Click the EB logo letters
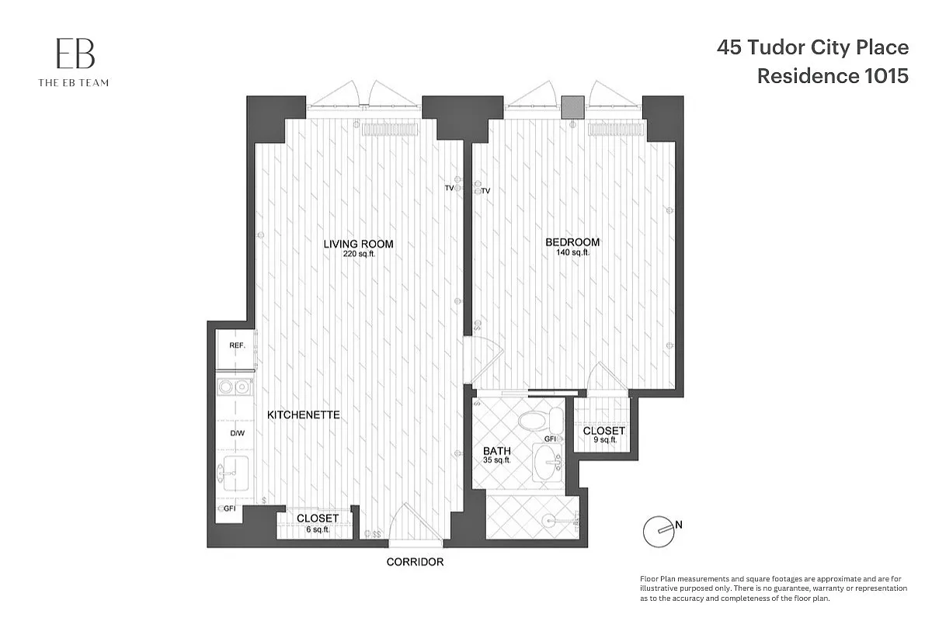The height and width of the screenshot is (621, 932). click(x=75, y=54)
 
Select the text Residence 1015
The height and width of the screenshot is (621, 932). click(x=832, y=76)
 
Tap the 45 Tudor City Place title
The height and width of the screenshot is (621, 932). click(x=812, y=48)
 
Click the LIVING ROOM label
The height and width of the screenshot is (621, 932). click(x=358, y=244)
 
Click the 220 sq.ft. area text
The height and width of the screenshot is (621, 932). click(x=359, y=254)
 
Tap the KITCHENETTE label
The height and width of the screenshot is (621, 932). click(x=304, y=415)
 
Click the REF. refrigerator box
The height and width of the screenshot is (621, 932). click(x=236, y=346)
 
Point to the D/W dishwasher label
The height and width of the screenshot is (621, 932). click(x=237, y=433)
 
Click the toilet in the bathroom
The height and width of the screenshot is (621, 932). click(x=539, y=422)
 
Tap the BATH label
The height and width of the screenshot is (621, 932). click(x=496, y=451)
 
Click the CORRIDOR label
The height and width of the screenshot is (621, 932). click(x=415, y=562)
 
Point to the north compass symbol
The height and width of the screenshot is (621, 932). click(x=658, y=530)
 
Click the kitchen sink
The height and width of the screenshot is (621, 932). click(x=235, y=473)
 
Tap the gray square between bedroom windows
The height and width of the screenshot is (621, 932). click(x=573, y=107)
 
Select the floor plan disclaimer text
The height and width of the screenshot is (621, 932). click(x=773, y=589)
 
